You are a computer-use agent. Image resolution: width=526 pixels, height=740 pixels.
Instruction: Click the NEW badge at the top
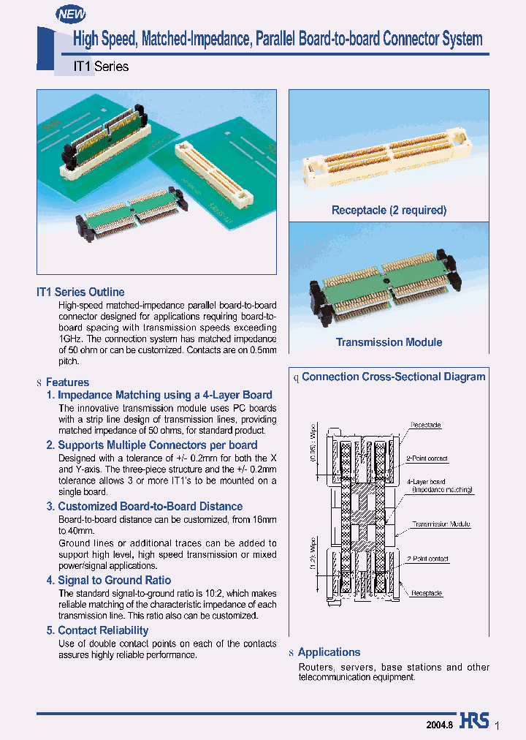pos(72,13)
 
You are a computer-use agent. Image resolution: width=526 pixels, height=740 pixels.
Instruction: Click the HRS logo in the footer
pos(474,721)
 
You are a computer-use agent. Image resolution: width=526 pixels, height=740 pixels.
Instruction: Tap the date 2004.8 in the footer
pos(440,722)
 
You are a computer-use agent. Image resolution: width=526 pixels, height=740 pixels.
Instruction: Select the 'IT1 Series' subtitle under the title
pos(101,67)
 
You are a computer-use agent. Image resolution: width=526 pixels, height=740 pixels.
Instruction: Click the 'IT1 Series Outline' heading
pos(80,292)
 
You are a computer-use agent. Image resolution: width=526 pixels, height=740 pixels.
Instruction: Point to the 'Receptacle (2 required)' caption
pos(389,211)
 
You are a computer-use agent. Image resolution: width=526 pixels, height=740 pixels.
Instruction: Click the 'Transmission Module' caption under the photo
pos(389,342)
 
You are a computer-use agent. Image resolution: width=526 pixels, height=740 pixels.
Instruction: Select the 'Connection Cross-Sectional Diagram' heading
pos(393,377)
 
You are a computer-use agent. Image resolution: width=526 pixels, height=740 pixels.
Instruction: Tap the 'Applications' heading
pos(329,652)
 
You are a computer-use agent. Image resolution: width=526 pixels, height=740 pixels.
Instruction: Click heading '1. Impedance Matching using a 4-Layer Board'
pos(159,395)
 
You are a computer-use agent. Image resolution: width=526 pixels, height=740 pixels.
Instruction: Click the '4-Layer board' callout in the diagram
pos(427,482)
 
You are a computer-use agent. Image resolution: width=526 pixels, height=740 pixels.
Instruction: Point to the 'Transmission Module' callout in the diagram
pos(441,524)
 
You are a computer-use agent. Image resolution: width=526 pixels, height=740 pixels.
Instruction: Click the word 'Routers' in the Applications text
pos(316,668)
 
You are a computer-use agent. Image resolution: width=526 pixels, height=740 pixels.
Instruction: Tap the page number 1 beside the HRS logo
pos(498,725)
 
